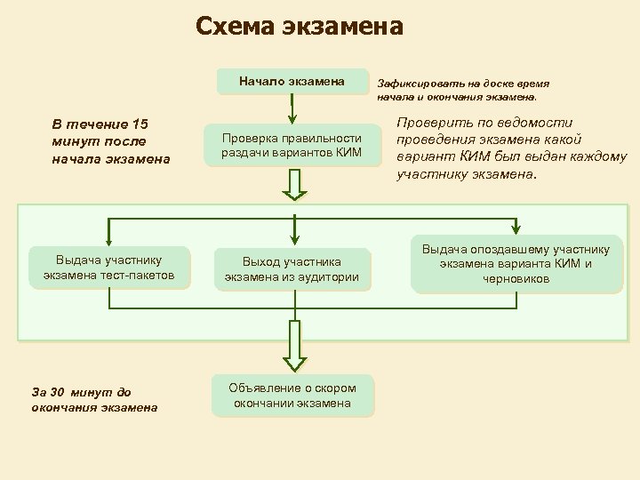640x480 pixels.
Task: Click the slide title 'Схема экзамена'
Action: (x=300, y=28)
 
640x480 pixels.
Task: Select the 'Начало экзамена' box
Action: (x=292, y=82)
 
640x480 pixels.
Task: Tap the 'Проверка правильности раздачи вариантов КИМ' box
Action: (x=292, y=146)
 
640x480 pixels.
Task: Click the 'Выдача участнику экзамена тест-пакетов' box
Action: (x=109, y=268)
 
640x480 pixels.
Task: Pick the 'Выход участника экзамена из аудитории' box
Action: (x=292, y=269)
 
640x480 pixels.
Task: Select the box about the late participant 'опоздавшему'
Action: (x=516, y=264)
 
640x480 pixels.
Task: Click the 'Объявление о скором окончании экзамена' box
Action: (x=292, y=396)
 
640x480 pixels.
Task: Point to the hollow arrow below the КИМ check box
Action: (x=292, y=184)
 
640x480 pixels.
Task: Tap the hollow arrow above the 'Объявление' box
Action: (x=292, y=348)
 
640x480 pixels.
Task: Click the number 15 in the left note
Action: (x=140, y=124)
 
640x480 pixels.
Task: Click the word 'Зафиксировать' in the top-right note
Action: (x=415, y=82)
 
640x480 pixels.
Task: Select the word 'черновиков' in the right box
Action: (x=516, y=279)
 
